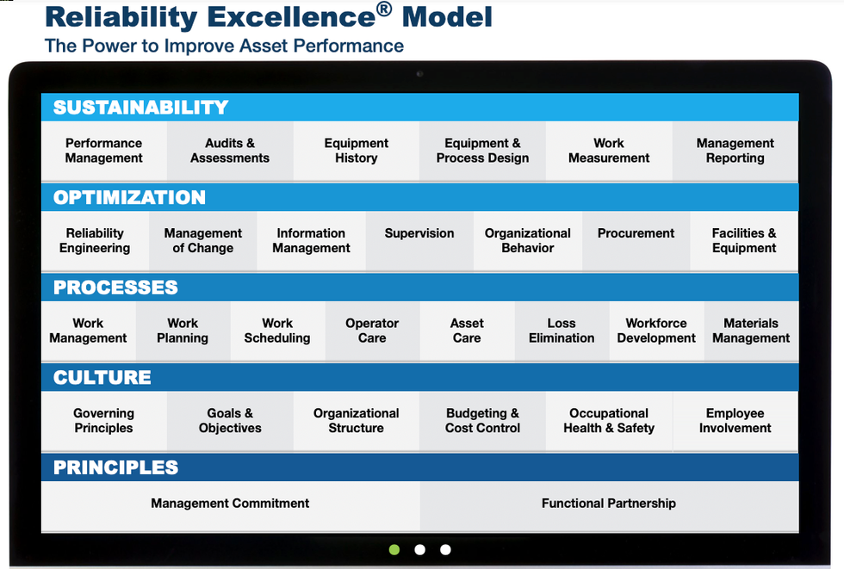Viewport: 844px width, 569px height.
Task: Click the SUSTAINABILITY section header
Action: pyautogui.click(x=141, y=108)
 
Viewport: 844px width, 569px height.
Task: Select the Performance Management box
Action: pyautogui.click(x=103, y=151)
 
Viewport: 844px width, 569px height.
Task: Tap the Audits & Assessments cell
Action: pyautogui.click(x=230, y=151)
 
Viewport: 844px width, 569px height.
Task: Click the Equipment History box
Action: pyautogui.click(x=357, y=151)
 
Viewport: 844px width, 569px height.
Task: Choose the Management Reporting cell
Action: pyautogui.click(x=735, y=151)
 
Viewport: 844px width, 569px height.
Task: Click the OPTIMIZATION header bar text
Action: pyautogui.click(x=129, y=197)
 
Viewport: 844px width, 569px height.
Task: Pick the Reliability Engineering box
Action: pyautogui.click(x=95, y=240)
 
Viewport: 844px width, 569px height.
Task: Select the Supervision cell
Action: pyautogui.click(x=419, y=234)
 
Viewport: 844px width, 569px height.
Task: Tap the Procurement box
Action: pyautogui.click(x=636, y=234)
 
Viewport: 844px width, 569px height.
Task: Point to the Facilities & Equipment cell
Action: pyautogui.click(x=744, y=240)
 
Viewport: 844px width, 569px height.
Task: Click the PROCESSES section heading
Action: pyautogui.click(x=115, y=288)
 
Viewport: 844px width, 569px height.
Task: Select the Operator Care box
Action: pyautogui.click(x=372, y=331)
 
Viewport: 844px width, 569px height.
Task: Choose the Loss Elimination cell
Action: pyautogui.click(x=562, y=331)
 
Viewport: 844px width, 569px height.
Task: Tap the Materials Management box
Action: pyautogui.click(x=751, y=331)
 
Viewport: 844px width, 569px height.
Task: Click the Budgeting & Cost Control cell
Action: pyautogui.click(x=482, y=420)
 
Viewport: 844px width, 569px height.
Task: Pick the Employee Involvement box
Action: pyautogui.click(x=735, y=420)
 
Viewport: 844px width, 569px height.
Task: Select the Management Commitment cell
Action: pyautogui.click(x=230, y=504)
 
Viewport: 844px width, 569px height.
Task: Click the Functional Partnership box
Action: pyautogui.click(x=609, y=504)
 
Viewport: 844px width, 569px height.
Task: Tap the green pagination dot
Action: pyautogui.click(x=394, y=549)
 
